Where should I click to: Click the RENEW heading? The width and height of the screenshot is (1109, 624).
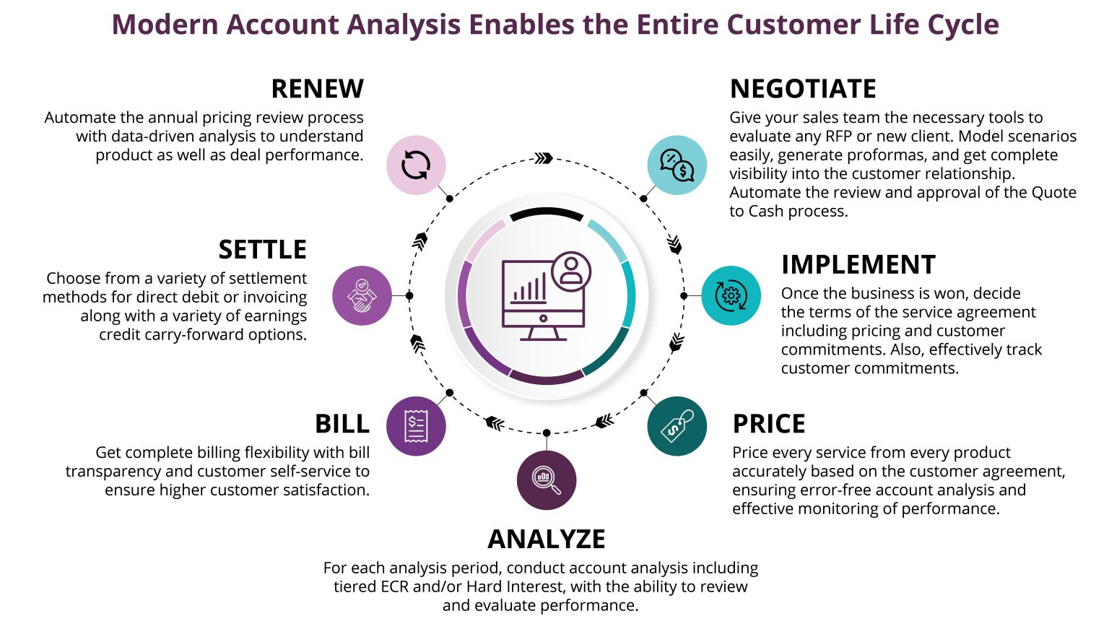tap(317, 89)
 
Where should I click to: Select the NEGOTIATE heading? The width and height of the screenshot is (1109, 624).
tap(803, 89)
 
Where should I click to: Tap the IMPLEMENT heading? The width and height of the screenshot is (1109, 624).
tap(858, 265)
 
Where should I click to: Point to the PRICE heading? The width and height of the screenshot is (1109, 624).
tap(768, 424)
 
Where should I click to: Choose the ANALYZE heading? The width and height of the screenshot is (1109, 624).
tap(547, 539)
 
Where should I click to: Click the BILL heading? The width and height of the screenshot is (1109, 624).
tap(342, 424)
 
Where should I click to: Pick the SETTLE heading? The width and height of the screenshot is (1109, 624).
tap(262, 250)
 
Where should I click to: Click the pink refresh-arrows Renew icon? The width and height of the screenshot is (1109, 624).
tap(416, 165)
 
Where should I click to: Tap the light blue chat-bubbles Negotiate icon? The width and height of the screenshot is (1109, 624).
tap(677, 165)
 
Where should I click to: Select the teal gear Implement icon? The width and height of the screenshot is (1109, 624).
tap(731, 295)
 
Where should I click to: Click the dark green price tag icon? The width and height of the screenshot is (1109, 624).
tap(677, 426)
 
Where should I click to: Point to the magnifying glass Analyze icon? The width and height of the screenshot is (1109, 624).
tap(547, 480)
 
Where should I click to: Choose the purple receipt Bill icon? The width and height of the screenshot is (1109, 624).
tap(416, 426)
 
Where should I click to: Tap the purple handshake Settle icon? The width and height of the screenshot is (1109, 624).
tap(362, 295)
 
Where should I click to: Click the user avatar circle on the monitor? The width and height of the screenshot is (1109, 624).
tap(571, 272)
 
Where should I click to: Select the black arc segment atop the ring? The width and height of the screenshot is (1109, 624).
tap(547, 214)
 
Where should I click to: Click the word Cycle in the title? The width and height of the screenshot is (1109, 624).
tap(963, 25)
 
